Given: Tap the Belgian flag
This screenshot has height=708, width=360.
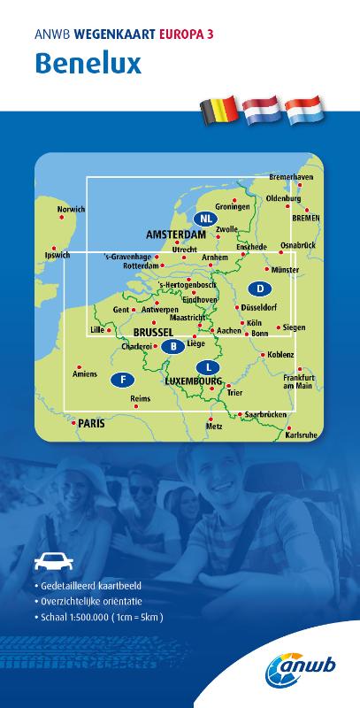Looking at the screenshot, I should [218, 111].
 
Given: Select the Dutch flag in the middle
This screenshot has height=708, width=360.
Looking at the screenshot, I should [261, 110].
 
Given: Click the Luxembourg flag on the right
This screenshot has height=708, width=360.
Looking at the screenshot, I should [304, 110].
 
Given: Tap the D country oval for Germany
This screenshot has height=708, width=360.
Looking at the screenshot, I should [260, 289].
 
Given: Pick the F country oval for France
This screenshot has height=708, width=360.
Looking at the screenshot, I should [122, 380].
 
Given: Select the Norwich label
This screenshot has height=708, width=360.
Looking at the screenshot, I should [71, 210].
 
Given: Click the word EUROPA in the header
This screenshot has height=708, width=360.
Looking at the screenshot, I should [186, 35].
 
